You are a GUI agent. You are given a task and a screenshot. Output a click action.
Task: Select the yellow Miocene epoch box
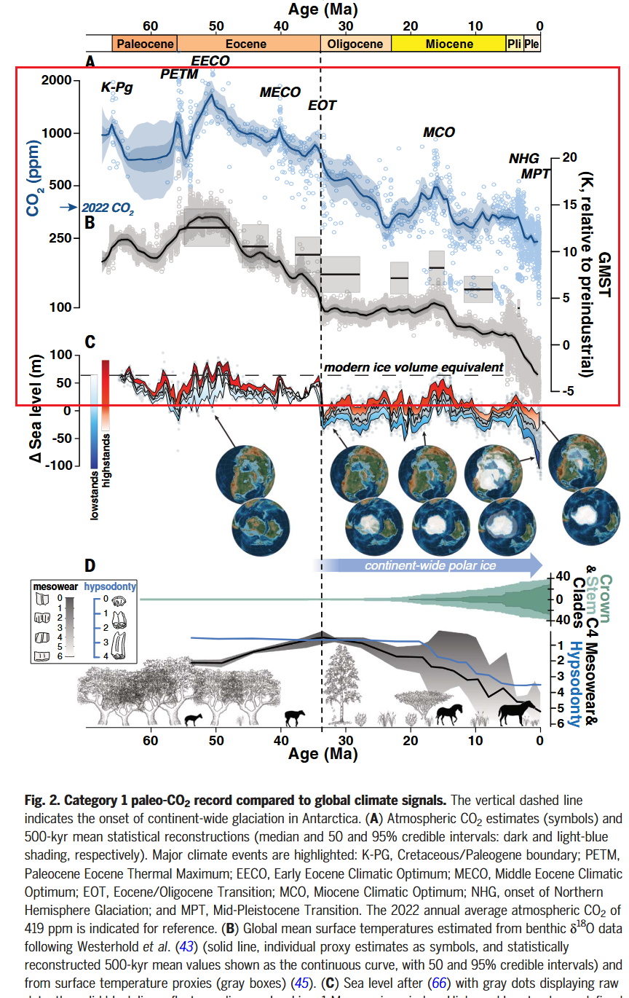pos(448,44)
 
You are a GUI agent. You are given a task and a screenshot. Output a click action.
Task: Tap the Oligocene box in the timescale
pos(355,44)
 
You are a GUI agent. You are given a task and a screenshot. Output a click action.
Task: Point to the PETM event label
pos(179,74)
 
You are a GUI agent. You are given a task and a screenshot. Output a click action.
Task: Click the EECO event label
pos(210,60)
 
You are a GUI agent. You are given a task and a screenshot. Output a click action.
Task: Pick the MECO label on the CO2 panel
pos(280,93)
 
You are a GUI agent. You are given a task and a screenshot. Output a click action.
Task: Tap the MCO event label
pos(439,133)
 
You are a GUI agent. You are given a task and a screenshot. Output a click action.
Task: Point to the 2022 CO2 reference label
pos(108,208)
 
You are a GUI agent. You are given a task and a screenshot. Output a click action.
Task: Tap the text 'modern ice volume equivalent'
pos(414,367)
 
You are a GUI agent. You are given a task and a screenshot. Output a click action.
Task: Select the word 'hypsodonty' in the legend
pos(111,585)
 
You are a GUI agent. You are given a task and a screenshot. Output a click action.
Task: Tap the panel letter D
pos(90,565)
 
